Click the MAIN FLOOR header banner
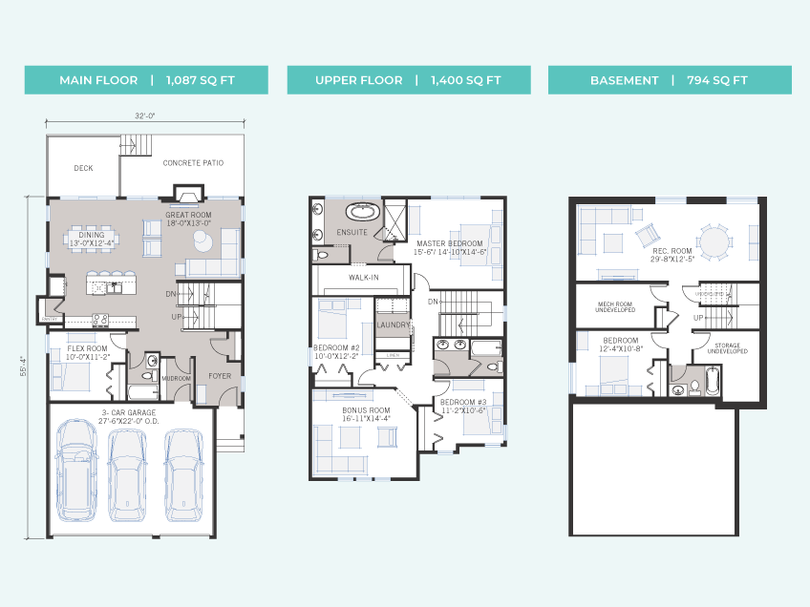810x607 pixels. [x=146, y=80]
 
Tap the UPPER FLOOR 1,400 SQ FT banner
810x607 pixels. [x=408, y=80]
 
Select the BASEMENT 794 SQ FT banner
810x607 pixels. [x=669, y=80]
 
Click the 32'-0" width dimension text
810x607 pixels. [x=145, y=116]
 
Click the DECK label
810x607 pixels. [x=83, y=168]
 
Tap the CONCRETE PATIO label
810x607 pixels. [x=193, y=163]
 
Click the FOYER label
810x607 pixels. [x=220, y=376]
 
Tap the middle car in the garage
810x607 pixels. [x=126, y=474]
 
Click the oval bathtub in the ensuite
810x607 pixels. [x=361, y=212]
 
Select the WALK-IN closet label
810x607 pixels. [x=364, y=278]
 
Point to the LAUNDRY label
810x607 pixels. [x=394, y=325]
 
